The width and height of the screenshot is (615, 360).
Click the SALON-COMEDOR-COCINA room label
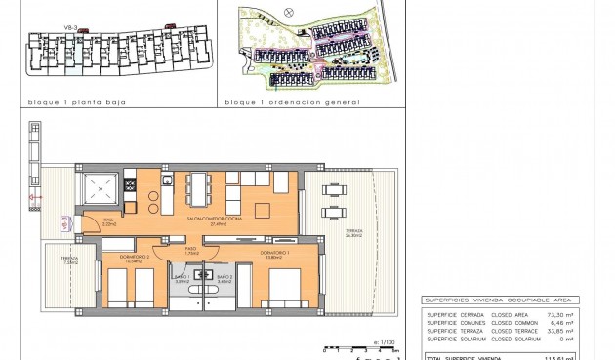pyautogui.click(x=212, y=220)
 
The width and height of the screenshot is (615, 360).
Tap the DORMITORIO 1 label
pyautogui.click(x=275, y=254)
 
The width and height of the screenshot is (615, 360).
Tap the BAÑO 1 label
pyautogui.click(x=181, y=279)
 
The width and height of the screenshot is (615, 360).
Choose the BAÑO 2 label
pyautogui.click(x=224, y=279)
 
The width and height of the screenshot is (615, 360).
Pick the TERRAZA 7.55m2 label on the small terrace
pyautogui.click(x=70, y=260)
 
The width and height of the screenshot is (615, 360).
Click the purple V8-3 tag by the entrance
pyautogui.click(x=65, y=223)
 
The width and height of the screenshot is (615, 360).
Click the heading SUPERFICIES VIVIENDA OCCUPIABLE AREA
pyautogui.click(x=499, y=300)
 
